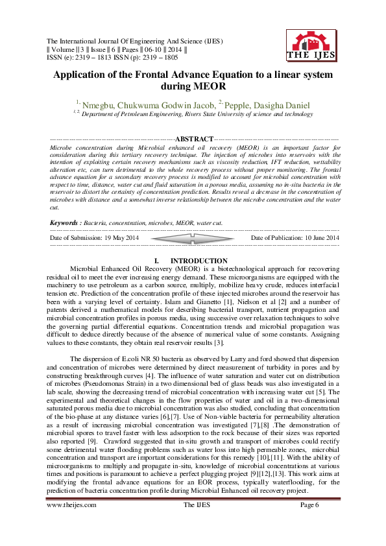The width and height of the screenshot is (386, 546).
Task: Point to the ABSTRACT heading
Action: [x=195, y=139]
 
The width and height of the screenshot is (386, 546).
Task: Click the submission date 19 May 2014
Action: [x=123, y=238]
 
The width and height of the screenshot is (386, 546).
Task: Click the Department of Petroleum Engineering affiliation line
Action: [x=188, y=114]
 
